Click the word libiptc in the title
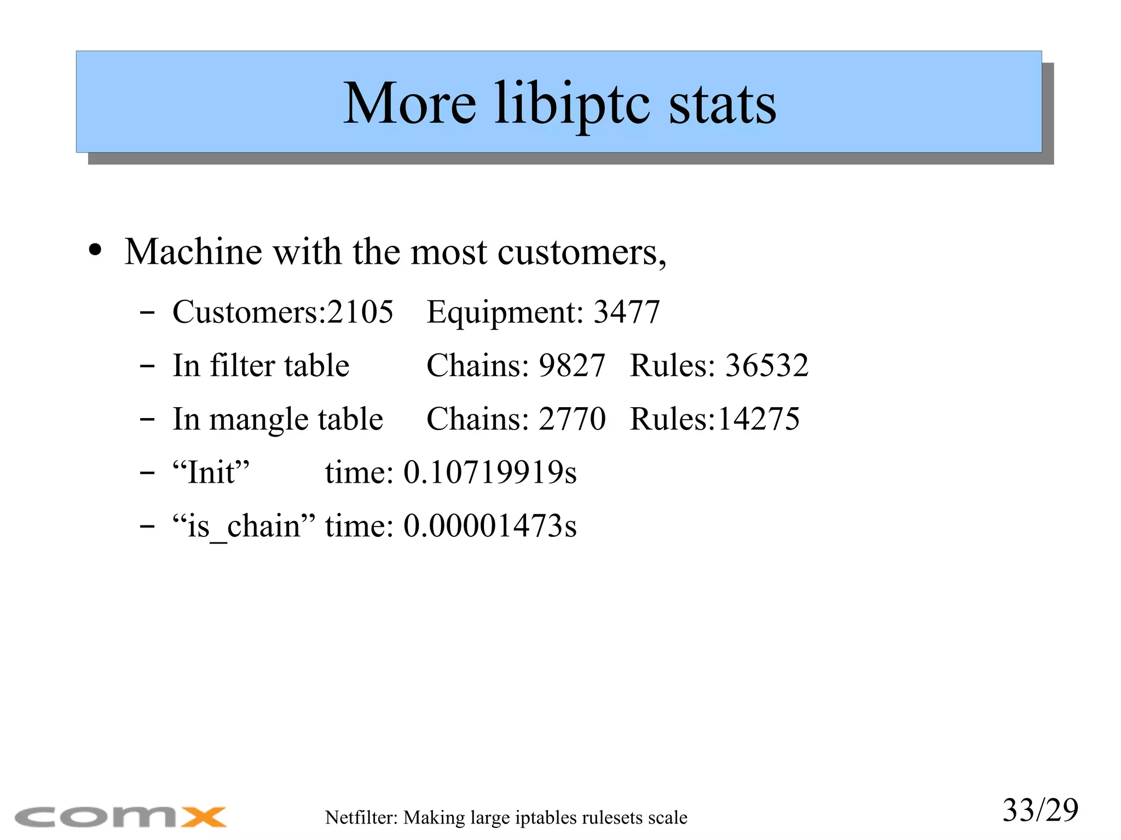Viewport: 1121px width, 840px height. [572, 104]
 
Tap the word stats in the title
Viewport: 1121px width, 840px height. [722, 104]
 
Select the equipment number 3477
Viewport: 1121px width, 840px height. [627, 312]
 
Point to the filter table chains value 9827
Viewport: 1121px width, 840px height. [571, 366]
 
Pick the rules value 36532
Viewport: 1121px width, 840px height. [766, 366]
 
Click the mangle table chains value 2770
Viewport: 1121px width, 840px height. [571, 419]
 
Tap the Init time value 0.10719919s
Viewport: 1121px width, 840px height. [490, 472]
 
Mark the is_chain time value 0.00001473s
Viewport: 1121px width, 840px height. [490, 526]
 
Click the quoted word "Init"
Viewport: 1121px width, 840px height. [211, 472]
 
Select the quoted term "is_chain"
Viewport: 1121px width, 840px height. [244, 526]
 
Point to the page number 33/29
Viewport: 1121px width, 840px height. [1040, 810]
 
